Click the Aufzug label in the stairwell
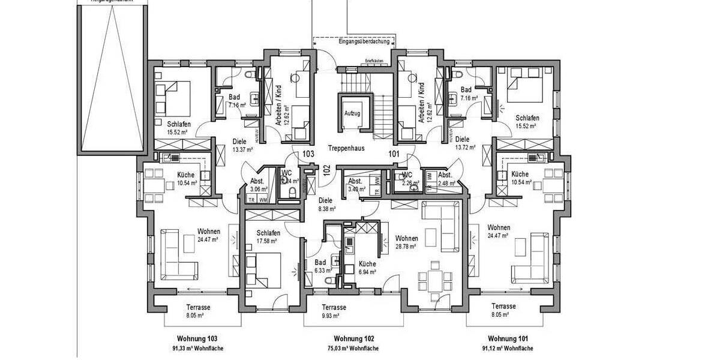coord(352,113)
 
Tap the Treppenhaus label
coord(347,147)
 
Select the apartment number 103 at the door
coord(308,154)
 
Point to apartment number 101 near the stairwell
coord(394,154)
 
